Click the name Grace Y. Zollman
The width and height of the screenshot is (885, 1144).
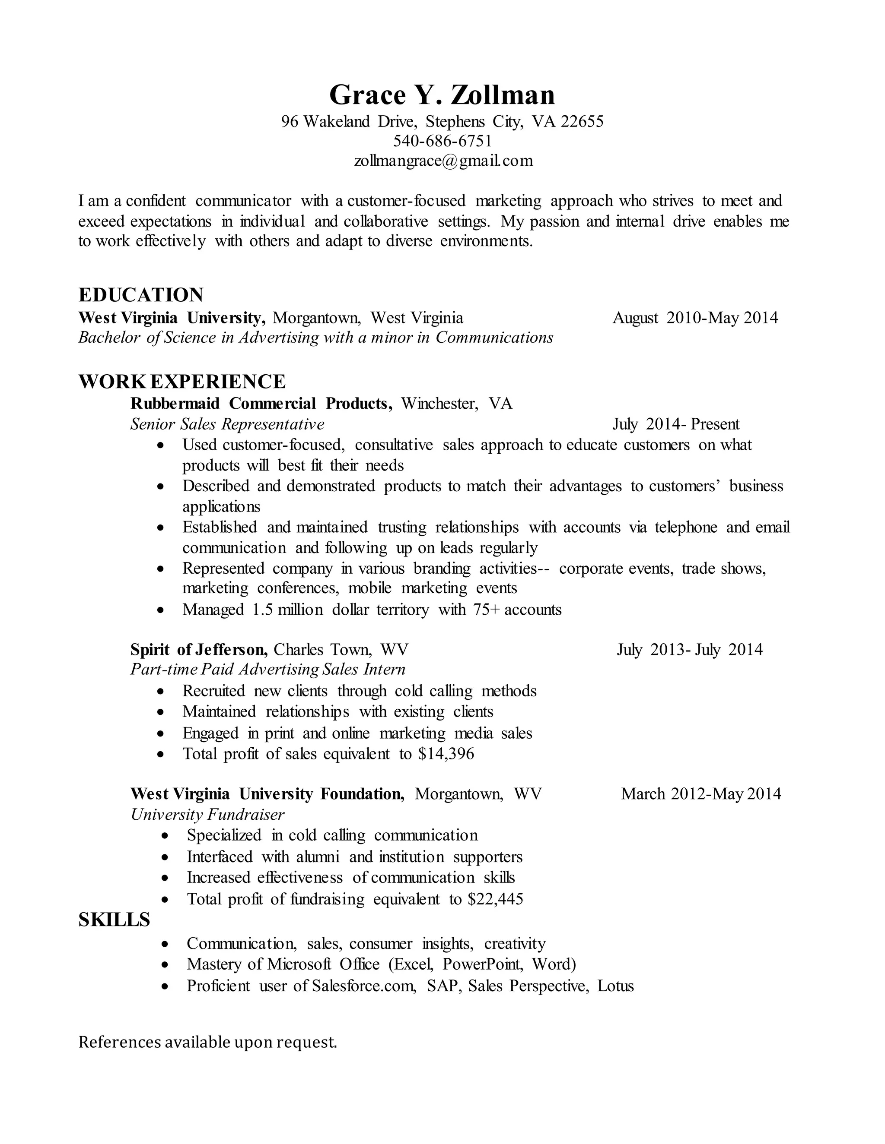[x=442, y=95]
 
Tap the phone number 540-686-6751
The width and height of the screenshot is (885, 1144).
[x=442, y=141]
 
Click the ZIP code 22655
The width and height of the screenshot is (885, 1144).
[x=582, y=122]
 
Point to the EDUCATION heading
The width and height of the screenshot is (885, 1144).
[x=140, y=295]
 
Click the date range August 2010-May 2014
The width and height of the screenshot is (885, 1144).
[x=695, y=318]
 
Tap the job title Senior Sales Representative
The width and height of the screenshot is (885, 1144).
[x=227, y=424]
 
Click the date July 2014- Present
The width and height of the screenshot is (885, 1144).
[x=675, y=424]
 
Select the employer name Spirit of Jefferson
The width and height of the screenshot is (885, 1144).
[x=199, y=650]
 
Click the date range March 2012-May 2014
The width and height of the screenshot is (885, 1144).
[x=700, y=794]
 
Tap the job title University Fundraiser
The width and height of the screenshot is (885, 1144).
[x=207, y=815]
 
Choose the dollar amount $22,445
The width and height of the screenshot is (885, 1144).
[x=496, y=899]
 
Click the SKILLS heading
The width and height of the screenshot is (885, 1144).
[x=114, y=920]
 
